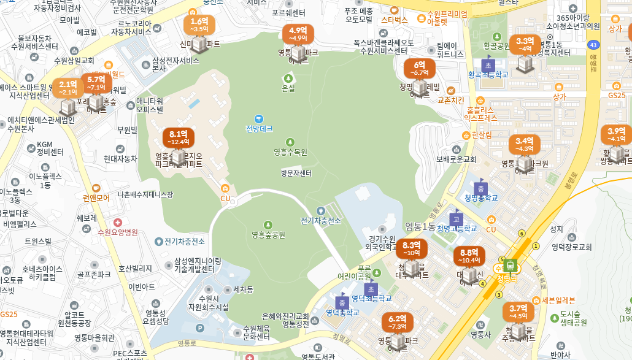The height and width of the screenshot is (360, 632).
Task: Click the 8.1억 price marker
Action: point(178,138)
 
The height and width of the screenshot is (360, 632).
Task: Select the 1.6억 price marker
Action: point(195,25)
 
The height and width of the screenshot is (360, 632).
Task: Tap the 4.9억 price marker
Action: point(298,34)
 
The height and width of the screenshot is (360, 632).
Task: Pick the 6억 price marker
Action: point(420,68)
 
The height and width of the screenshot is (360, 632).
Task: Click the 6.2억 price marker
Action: point(398,323)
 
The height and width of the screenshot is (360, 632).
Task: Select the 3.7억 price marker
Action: point(518,312)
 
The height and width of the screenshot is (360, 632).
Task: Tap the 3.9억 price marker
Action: point(616,135)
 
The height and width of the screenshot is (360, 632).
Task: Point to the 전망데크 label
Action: point(259,129)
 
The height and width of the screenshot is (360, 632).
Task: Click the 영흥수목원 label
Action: point(290,151)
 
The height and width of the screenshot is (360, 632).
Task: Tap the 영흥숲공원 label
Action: point(268,234)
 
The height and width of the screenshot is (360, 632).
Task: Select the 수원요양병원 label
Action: point(118,232)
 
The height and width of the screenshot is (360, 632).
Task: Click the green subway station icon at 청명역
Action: point(510,266)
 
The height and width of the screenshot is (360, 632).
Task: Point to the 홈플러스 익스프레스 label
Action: point(480,113)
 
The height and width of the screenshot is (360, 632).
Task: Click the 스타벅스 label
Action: point(395,20)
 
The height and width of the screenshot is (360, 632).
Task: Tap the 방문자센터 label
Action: point(296,173)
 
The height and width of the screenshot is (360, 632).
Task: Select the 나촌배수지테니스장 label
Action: point(145,194)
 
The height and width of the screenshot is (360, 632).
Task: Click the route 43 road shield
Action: point(593,45)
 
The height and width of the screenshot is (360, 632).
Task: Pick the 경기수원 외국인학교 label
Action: point(381,243)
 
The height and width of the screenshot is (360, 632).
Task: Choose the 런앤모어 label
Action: point(96,197)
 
